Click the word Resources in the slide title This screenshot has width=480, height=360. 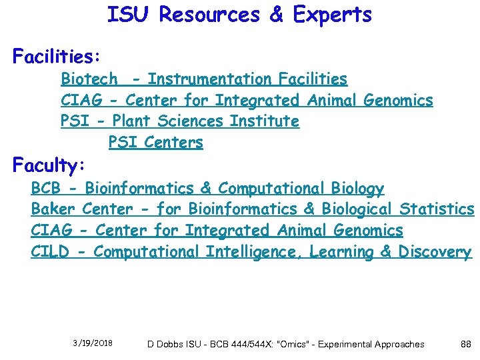pyautogui.click(x=208, y=15)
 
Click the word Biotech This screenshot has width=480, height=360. pyautogui.click(x=89, y=79)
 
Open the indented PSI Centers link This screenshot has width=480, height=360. pyautogui.click(x=155, y=143)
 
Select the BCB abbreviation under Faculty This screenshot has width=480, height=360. pyautogui.click(x=46, y=189)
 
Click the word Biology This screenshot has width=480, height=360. pyautogui.click(x=356, y=189)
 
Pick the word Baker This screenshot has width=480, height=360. pyautogui.click(x=53, y=209)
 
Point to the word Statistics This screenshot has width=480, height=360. pyautogui.click(x=437, y=209)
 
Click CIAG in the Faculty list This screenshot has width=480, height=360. pyautogui.click(x=50, y=231)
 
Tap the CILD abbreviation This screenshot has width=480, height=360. pyautogui.click(x=49, y=252)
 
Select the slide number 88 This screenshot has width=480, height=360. pyautogui.click(x=466, y=344)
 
